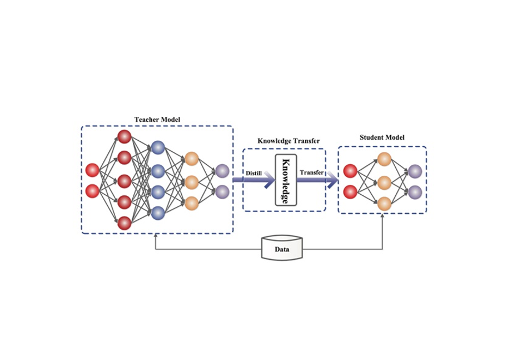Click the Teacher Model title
[157, 120]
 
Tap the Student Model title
[382, 137]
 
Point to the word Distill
[254, 172]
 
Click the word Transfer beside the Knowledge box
[312, 172]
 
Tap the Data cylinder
[282, 248]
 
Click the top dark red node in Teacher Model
[125, 137]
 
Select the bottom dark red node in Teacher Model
[125, 223]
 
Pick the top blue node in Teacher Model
[158, 147]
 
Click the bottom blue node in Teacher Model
[158, 212]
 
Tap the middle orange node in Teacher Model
[192, 181]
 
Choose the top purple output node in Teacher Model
[222, 171]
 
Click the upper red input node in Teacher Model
[92, 170]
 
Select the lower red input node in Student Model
[350, 192]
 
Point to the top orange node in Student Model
[384, 160]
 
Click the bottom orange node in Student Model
[384, 204]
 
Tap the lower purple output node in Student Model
[415, 193]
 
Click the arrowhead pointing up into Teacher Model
[157, 236]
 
